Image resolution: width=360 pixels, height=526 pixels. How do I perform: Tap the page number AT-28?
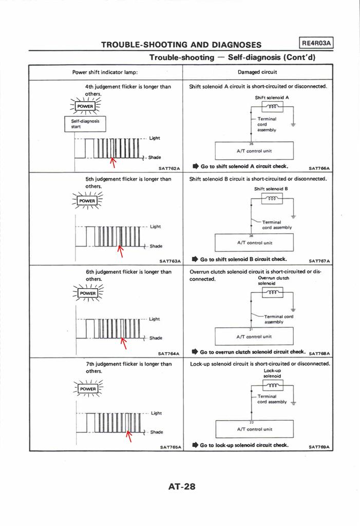pos(182,486)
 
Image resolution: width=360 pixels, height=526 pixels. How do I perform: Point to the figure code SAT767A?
pos(319,260)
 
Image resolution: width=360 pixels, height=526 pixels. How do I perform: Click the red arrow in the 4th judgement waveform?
pos(113,163)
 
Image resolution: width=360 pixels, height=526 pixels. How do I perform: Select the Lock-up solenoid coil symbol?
pos(272,386)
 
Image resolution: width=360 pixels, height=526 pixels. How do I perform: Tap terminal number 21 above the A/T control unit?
pos(251,328)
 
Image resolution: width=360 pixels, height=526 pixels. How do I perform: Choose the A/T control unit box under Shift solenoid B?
pos(254,242)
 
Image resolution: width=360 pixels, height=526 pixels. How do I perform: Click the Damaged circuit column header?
pos(258,72)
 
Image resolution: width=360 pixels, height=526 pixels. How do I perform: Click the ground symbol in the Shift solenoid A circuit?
pos(293,125)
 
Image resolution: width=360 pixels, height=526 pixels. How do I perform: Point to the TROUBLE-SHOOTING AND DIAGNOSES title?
pos(181,45)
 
